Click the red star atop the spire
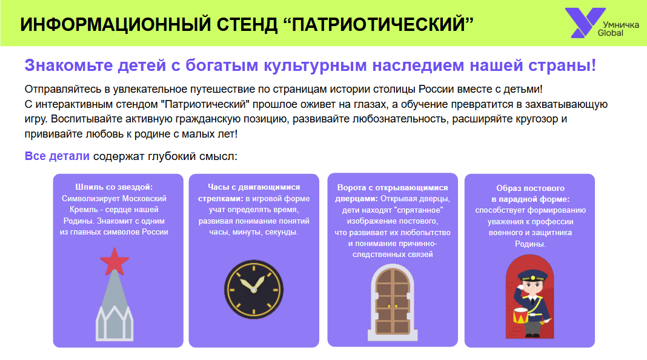(114, 261)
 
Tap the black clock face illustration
(254, 290)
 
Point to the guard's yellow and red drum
(521, 316)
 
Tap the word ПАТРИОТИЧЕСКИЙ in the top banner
(379, 24)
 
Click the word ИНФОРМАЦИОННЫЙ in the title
(116, 24)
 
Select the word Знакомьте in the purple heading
(68, 65)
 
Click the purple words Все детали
(57, 156)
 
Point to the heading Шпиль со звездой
(114, 187)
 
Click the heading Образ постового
(530, 188)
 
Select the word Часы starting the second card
(218, 187)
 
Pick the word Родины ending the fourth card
(530, 244)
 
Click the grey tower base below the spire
(114, 324)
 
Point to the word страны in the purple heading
(570, 65)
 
